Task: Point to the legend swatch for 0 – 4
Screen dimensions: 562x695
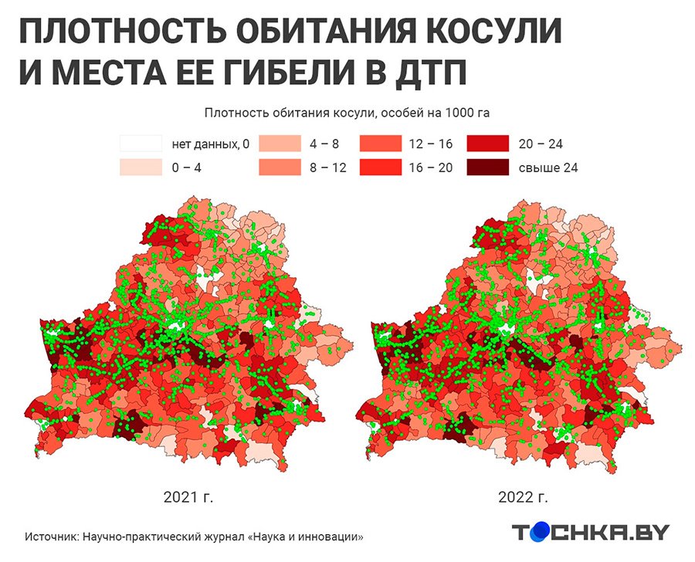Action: [x=141, y=167]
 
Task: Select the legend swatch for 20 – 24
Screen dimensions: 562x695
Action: [x=487, y=144]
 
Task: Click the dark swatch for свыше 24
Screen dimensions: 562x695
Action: [x=487, y=167]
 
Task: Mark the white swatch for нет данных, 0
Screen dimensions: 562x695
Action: [x=141, y=144]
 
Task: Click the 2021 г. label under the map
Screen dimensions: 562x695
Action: [x=188, y=497]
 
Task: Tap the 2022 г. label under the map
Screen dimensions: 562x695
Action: [x=528, y=497]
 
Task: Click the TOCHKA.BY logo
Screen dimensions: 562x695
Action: [x=591, y=532]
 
